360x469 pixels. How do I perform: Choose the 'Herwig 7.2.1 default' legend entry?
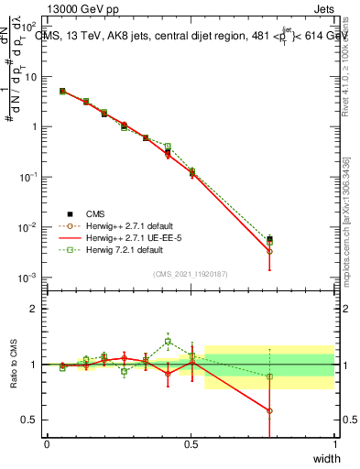coord(123,248)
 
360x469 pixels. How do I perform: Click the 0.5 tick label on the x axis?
coord(191,443)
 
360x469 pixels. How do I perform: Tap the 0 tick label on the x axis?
coord(47,443)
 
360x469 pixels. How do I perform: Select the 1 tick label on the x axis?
coord(334,443)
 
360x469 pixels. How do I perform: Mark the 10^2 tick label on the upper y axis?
coord(27,27)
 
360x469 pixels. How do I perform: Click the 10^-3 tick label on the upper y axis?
coord(27,277)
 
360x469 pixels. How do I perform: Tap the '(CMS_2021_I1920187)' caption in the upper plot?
coord(191,272)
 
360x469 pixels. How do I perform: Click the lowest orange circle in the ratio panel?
coord(269,410)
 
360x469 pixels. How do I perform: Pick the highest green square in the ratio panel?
coord(168,342)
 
